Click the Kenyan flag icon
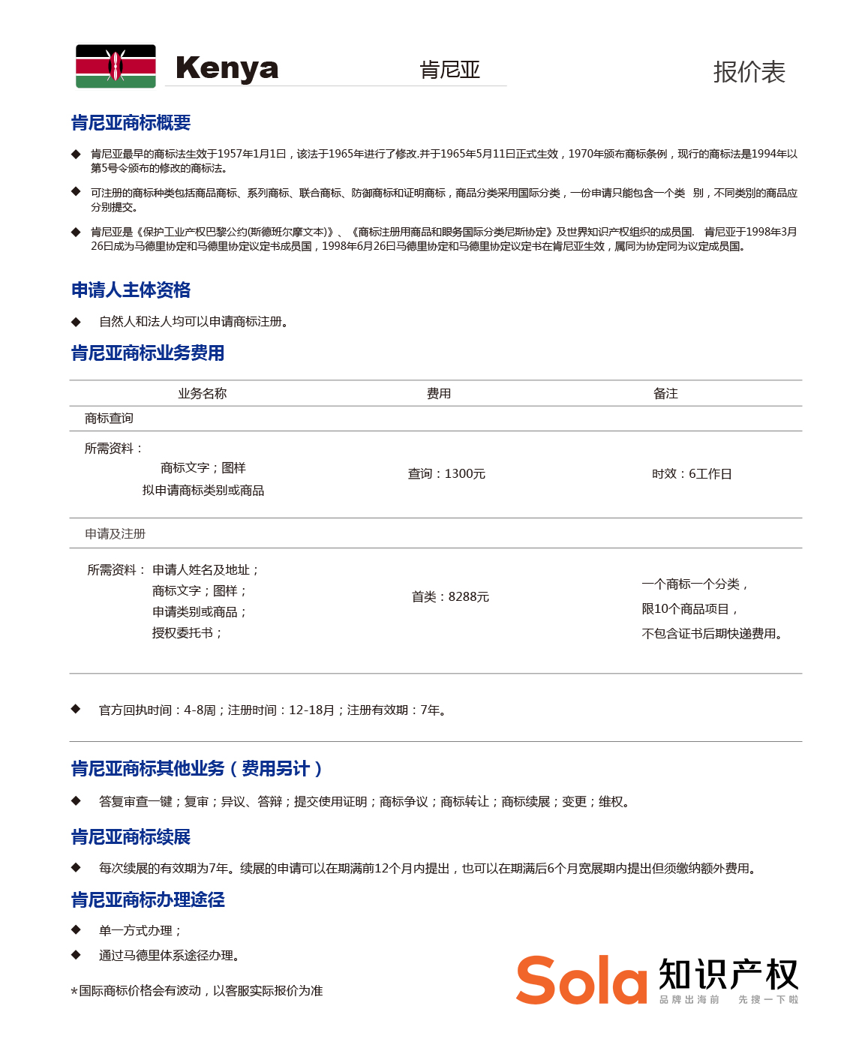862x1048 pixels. (x=116, y=67)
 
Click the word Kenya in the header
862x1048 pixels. (x=227, y=68)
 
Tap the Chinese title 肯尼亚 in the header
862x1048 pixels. (x=449, y=71)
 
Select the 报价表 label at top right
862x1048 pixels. (x=748, y=72)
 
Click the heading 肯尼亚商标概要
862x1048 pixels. (x=131, y=123)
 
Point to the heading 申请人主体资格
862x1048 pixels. (x=131, y=290)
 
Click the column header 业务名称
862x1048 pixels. (x=202, y=394)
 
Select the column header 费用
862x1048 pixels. (x=439, y=394)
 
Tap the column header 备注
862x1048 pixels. (x=665, y=394)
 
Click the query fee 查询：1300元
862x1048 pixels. (x=446, y=474)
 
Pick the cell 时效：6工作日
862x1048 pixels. (x=692, y=474)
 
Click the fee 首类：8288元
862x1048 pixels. (x=450, y=597)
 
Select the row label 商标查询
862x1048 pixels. (x=109, y=419)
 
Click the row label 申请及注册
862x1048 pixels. (x=115, y=534)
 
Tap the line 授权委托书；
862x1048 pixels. (x=188, y=633)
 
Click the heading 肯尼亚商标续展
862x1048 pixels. (x=131, y=837)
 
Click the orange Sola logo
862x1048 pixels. (x=581, y=980)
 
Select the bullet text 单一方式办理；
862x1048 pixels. (x=140, y=931)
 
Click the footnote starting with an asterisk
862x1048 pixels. (x=197, y=991)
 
